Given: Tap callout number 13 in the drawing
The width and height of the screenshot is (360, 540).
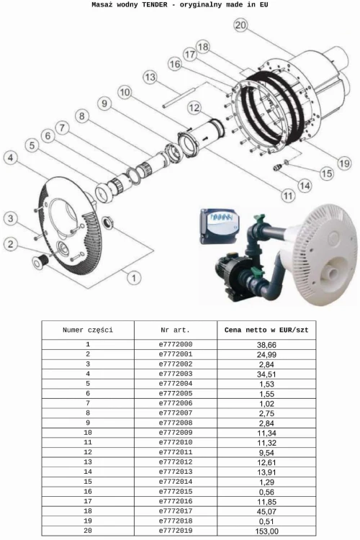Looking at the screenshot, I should [x=150, y=77].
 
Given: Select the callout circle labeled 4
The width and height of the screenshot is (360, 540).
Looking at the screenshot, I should [x=10, y=156].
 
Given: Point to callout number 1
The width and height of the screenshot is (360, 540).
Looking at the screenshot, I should [x=132, y=274].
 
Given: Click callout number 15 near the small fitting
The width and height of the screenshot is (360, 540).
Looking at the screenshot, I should [x=326, y=173].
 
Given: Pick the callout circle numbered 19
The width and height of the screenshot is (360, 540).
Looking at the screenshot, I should [x=344, y=163].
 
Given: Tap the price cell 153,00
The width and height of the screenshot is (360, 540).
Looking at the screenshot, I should [x=269, y=531].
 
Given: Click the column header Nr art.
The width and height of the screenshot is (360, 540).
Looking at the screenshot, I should [x=175, y=330].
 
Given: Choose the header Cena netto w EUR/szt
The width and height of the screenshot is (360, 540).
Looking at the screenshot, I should [x=269, y=330].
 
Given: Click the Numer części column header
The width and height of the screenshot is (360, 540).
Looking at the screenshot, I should [x=88, y=330].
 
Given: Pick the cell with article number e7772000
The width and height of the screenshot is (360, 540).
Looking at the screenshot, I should [x=175, y=345].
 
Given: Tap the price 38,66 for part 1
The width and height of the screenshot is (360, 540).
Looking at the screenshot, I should [x=269, y=345].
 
